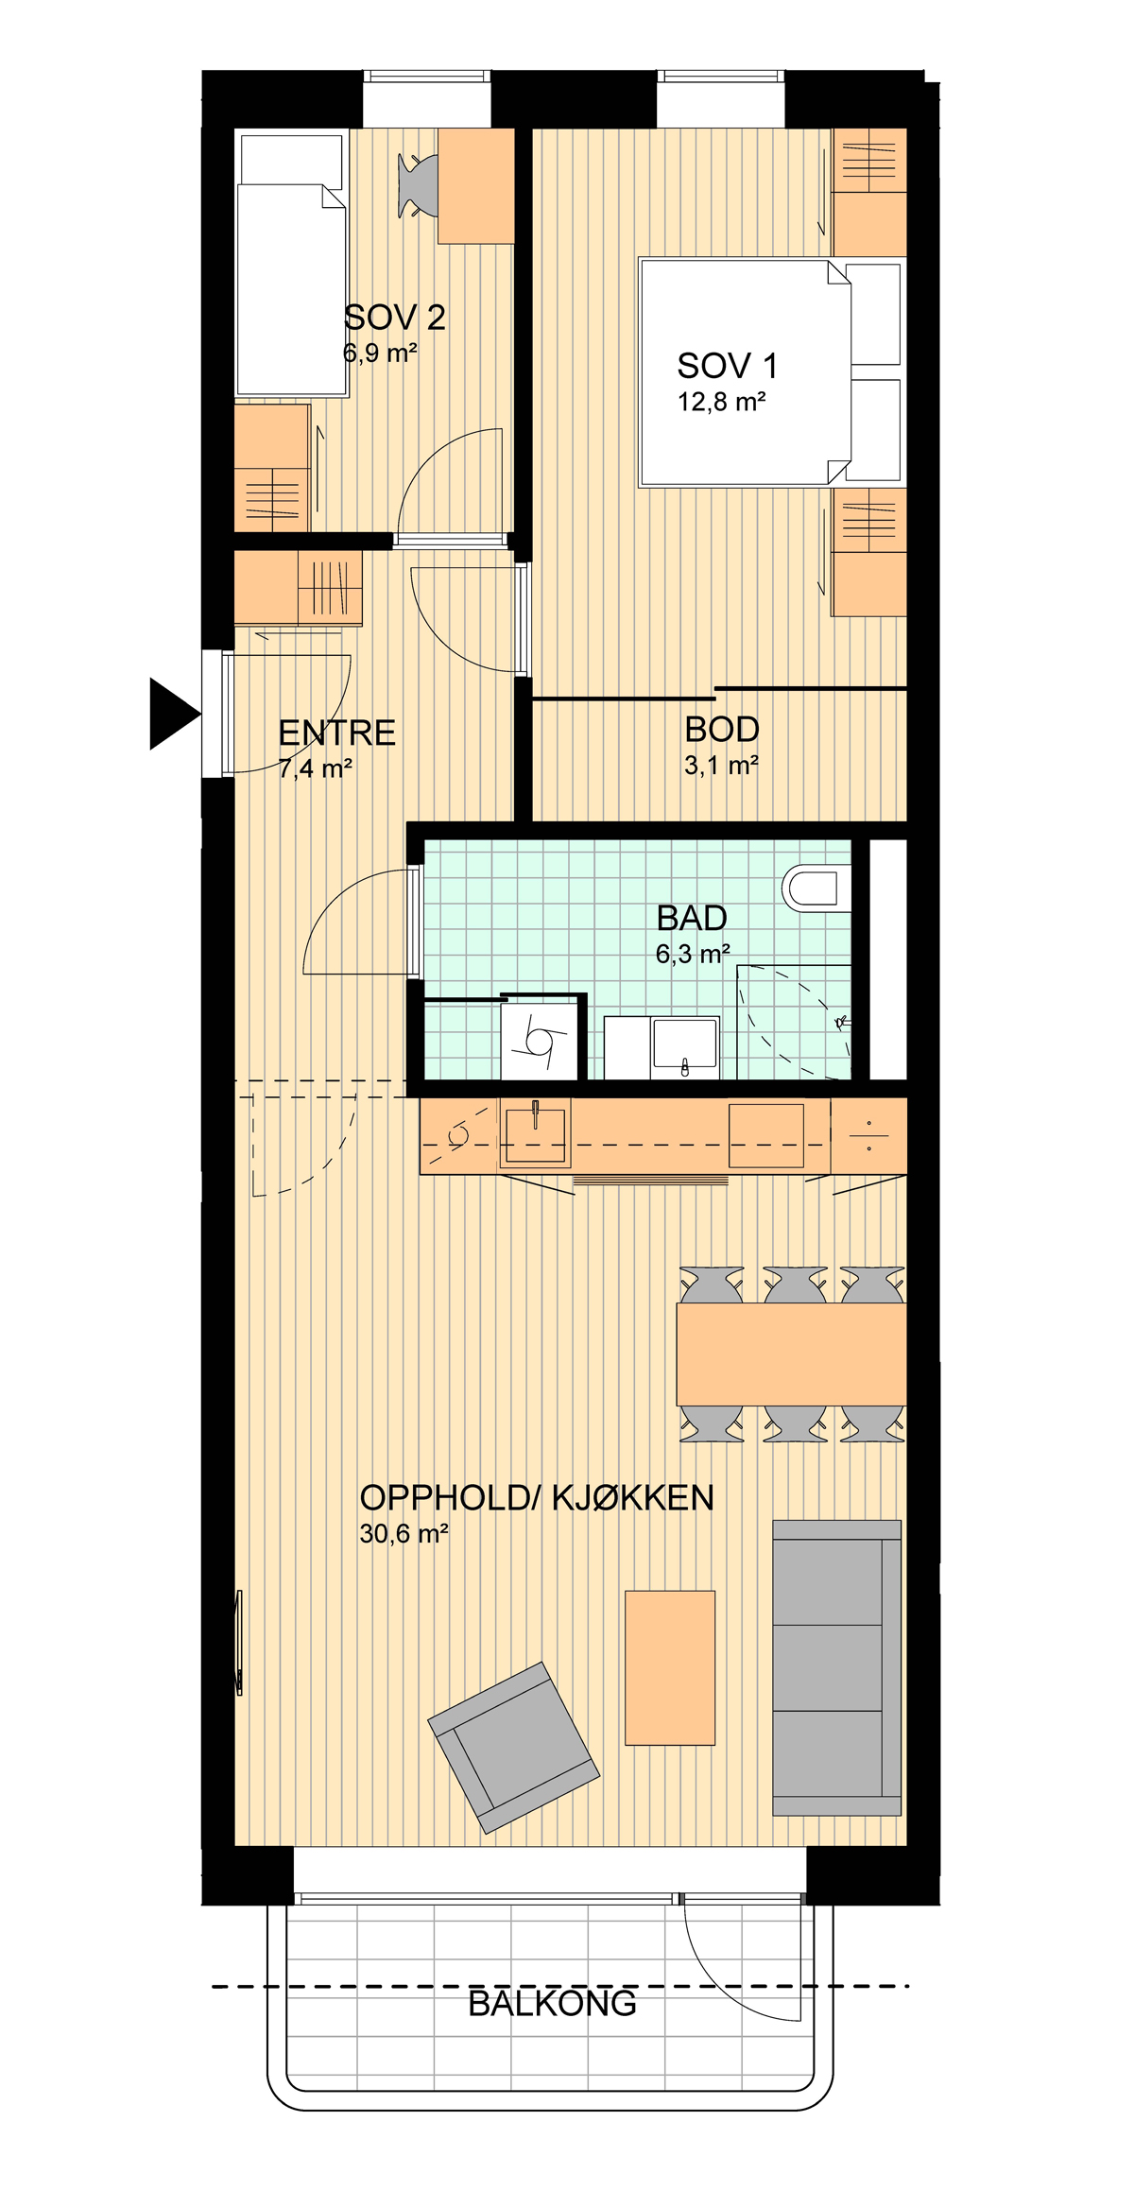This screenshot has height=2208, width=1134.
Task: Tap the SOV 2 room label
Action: [395, 318]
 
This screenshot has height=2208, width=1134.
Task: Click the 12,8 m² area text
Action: [721, 402]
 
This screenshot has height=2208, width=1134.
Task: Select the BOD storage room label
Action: [722, 730]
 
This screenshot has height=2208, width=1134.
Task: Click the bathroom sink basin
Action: [685, 1046]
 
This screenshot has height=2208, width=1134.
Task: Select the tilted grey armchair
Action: [513, 1748]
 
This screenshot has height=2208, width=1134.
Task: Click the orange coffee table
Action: [670, 1667]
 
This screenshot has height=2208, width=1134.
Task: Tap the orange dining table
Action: [791, 1354]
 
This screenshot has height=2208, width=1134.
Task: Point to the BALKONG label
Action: [552, 2003]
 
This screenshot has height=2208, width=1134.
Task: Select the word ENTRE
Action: [336, 733]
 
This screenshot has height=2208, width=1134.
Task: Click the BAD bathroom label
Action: [692, 918]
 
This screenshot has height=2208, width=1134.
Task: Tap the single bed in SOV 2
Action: [291, 265]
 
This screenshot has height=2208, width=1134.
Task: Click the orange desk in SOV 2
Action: [476, 185]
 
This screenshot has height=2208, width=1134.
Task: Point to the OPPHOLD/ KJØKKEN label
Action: [537, 1497]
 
